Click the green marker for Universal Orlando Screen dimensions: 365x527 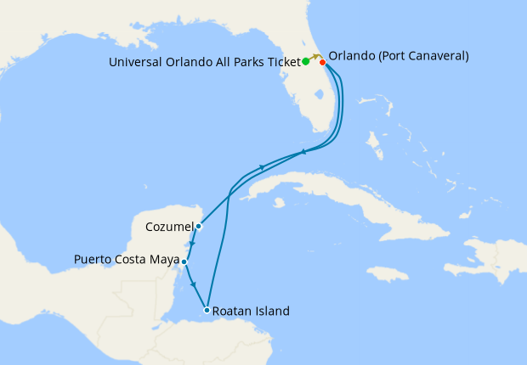[305, 62]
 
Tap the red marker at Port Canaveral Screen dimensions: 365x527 [322, 61]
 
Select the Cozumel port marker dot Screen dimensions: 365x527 [198, 226]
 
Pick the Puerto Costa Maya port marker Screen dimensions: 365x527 [184, 262]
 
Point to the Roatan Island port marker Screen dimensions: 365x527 [207, 311]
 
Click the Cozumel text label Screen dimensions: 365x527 [168, 227]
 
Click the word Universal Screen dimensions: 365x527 [139, 62]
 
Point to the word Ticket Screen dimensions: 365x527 [280, 62]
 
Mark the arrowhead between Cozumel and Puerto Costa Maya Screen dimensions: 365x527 [192, 244]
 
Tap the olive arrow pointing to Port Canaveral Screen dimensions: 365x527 [315, 57]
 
